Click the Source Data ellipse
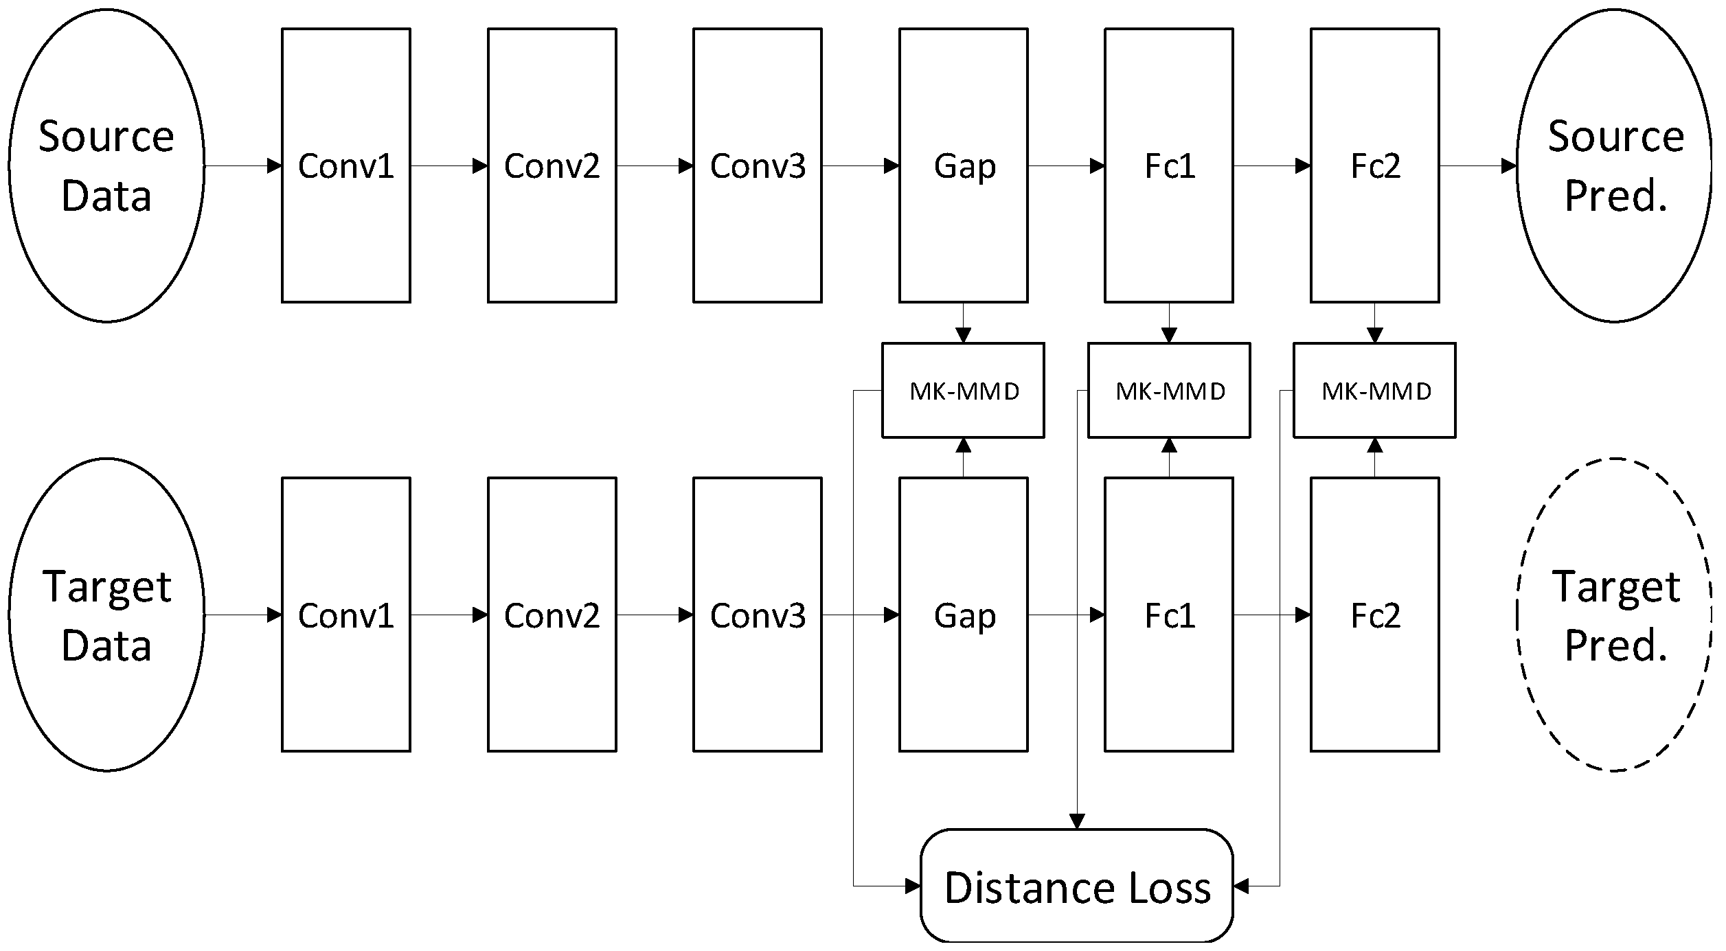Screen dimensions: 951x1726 (106, 165)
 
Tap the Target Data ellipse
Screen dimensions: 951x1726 (106, 615)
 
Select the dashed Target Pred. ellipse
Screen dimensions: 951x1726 (1614, 615)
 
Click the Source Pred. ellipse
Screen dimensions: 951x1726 (1614, 165)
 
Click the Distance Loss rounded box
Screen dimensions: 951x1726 (1077, 886)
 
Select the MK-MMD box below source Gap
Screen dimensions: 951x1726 (964, 390)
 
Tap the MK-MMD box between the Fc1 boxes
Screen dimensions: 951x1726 (1169, 390)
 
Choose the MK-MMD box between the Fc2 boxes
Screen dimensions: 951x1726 (1375, 390)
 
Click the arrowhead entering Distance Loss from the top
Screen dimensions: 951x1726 (1077, 821)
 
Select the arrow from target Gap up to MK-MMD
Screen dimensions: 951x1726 (964, 457)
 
